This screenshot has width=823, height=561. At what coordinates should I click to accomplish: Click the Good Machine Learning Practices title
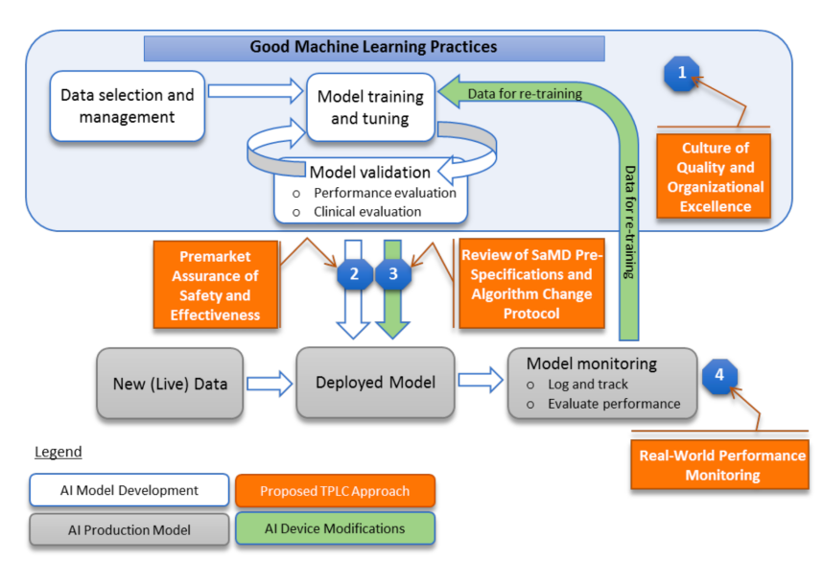[374, 47]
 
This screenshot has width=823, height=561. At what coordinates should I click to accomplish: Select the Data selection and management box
[128, 106]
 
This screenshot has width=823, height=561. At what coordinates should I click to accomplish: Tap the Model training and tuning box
[370, 107]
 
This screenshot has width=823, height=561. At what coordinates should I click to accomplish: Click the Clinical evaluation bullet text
[367, 211]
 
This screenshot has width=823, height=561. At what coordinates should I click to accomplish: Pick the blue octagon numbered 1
[682, 73]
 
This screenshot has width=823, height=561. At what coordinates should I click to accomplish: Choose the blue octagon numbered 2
[354, 274]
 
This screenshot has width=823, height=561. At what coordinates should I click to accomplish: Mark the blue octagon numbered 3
[393, 274]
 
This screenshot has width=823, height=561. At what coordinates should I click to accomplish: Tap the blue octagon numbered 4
[718, 375]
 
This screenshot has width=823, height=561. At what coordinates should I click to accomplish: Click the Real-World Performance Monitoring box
[722, 465]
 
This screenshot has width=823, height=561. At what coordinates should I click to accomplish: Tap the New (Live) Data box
[171, 384]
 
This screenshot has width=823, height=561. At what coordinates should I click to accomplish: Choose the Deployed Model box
[375, 383]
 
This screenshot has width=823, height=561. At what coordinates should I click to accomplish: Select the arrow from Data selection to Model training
[255, 92]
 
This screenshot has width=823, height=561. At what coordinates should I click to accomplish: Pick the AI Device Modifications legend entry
[335, 528]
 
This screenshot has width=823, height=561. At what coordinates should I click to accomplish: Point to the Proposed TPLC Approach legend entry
[335, 491]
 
